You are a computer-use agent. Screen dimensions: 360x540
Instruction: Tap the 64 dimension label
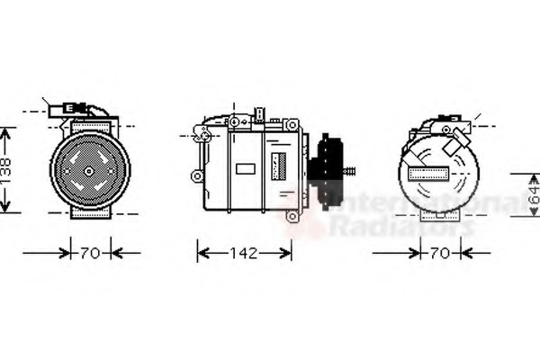532,193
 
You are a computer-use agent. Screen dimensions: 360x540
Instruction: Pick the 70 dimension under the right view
439,253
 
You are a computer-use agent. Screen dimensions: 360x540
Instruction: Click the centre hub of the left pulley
89,169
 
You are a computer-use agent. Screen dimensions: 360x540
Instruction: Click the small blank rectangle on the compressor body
245,168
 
